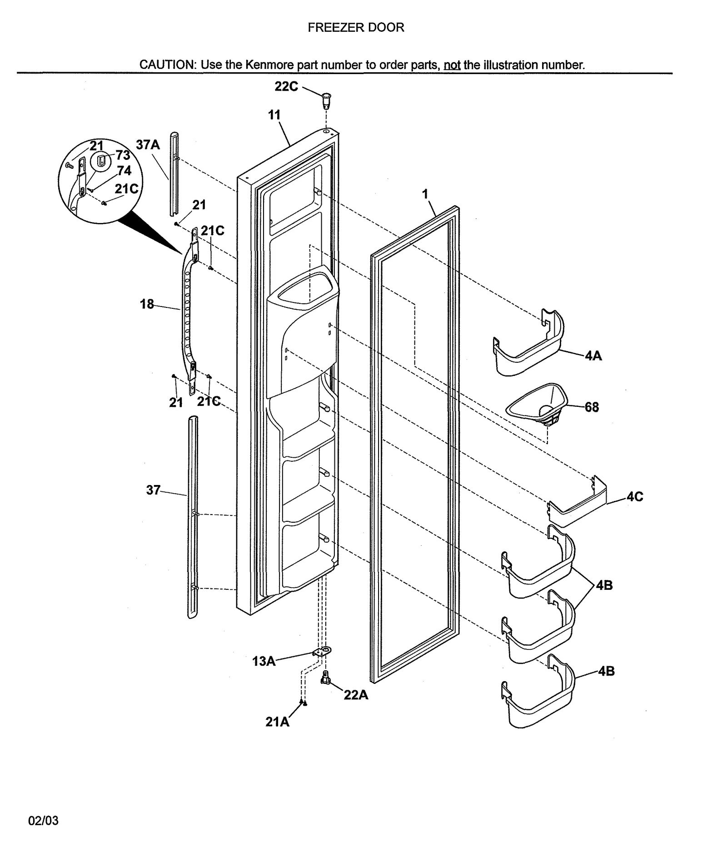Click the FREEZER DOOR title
click(x=356, y=28)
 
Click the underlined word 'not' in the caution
click(x=452, y=65)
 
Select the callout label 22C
click(x=286, y=86)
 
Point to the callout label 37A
click(x=148, y=145)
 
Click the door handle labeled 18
click(x=186, y=313)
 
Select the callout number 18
click(x=147, y=304)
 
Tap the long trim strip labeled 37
click(x=193, y=518)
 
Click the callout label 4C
click(x=635, y=496)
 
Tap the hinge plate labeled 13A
click(x=322, y=653)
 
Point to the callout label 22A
click(x=356, y=695)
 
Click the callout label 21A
click(x=277, y=722)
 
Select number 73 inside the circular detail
click(x=123, y=155)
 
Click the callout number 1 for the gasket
click(x=425, y=194)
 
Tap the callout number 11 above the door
click(x=274, y=115)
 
